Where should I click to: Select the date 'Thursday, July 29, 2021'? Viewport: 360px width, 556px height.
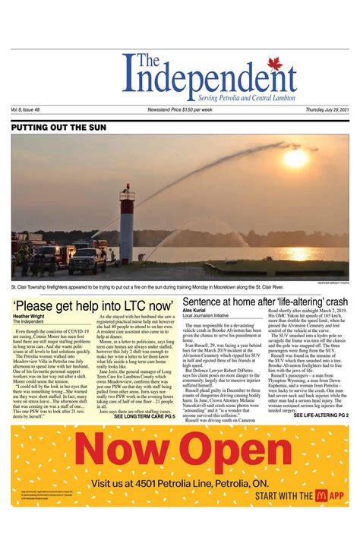point(327,109)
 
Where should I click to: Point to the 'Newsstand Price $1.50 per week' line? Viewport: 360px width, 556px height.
point(180,109)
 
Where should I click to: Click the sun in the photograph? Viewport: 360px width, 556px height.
point(295,157)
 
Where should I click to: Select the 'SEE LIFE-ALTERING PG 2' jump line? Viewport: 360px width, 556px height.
point(321,415)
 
